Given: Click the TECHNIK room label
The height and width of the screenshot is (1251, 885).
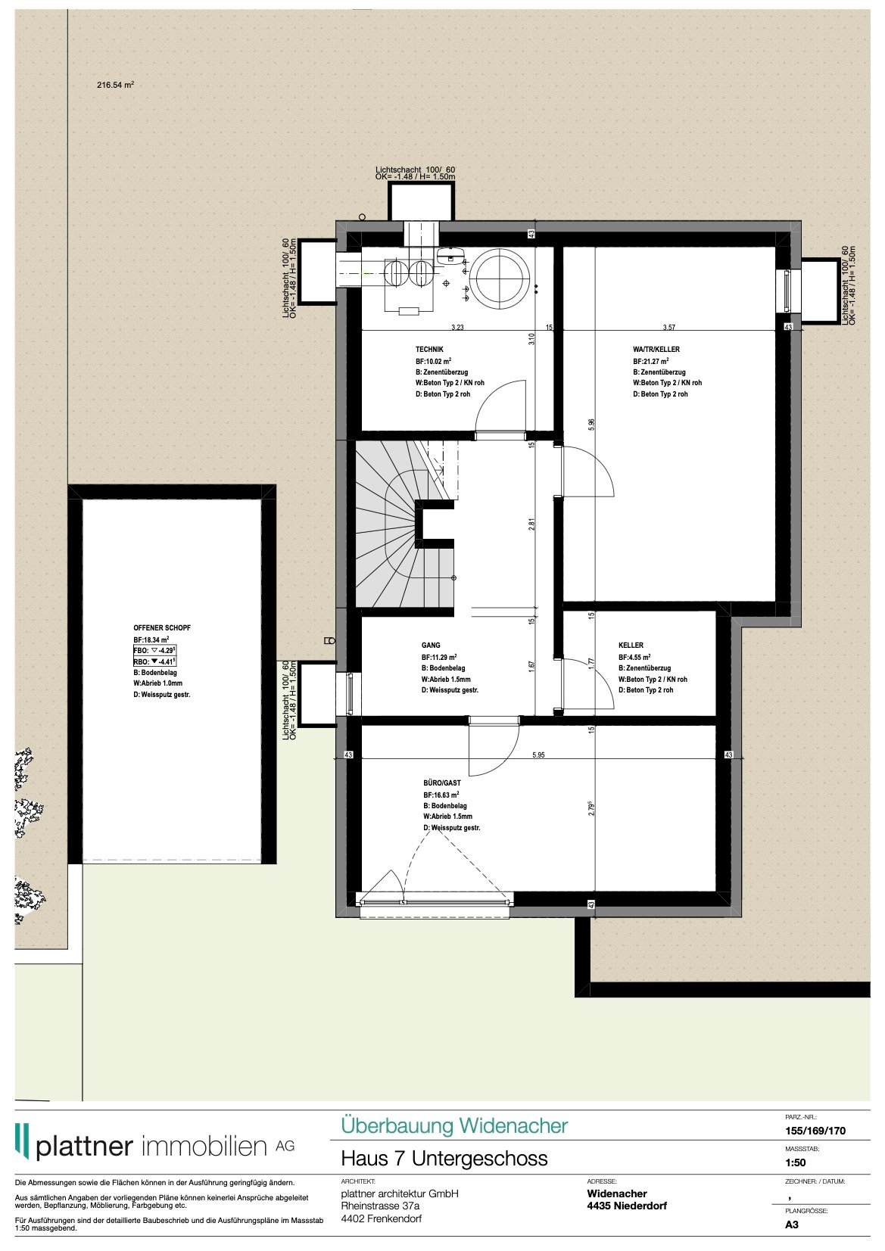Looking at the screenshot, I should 429,350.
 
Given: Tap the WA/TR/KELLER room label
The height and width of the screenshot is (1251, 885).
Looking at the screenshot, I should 656,350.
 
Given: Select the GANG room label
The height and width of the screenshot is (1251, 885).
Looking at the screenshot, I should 430,646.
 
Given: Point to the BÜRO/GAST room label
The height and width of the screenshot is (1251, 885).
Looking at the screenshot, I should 441,783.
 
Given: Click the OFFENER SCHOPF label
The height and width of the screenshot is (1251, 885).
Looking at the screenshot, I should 161,628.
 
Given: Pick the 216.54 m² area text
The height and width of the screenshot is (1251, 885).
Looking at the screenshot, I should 115,86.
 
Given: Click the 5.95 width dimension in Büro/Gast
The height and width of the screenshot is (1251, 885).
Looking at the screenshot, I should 538,755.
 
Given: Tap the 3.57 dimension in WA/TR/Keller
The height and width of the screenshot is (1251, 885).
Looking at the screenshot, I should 668,328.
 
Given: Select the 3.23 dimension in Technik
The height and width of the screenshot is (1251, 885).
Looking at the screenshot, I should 457,328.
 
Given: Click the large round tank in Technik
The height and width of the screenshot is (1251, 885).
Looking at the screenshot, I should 500,277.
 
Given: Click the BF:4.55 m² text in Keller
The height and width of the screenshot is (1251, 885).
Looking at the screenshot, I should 634,658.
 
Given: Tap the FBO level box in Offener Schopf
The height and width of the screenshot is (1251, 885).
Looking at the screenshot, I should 154,651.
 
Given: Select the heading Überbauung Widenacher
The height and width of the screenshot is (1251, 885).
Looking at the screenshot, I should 453,1125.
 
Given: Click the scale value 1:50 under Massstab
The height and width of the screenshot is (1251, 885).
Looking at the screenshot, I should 795,1162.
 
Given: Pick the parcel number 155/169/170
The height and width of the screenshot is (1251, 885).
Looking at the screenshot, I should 815,1131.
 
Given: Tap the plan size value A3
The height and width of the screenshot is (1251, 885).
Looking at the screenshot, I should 791,1225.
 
